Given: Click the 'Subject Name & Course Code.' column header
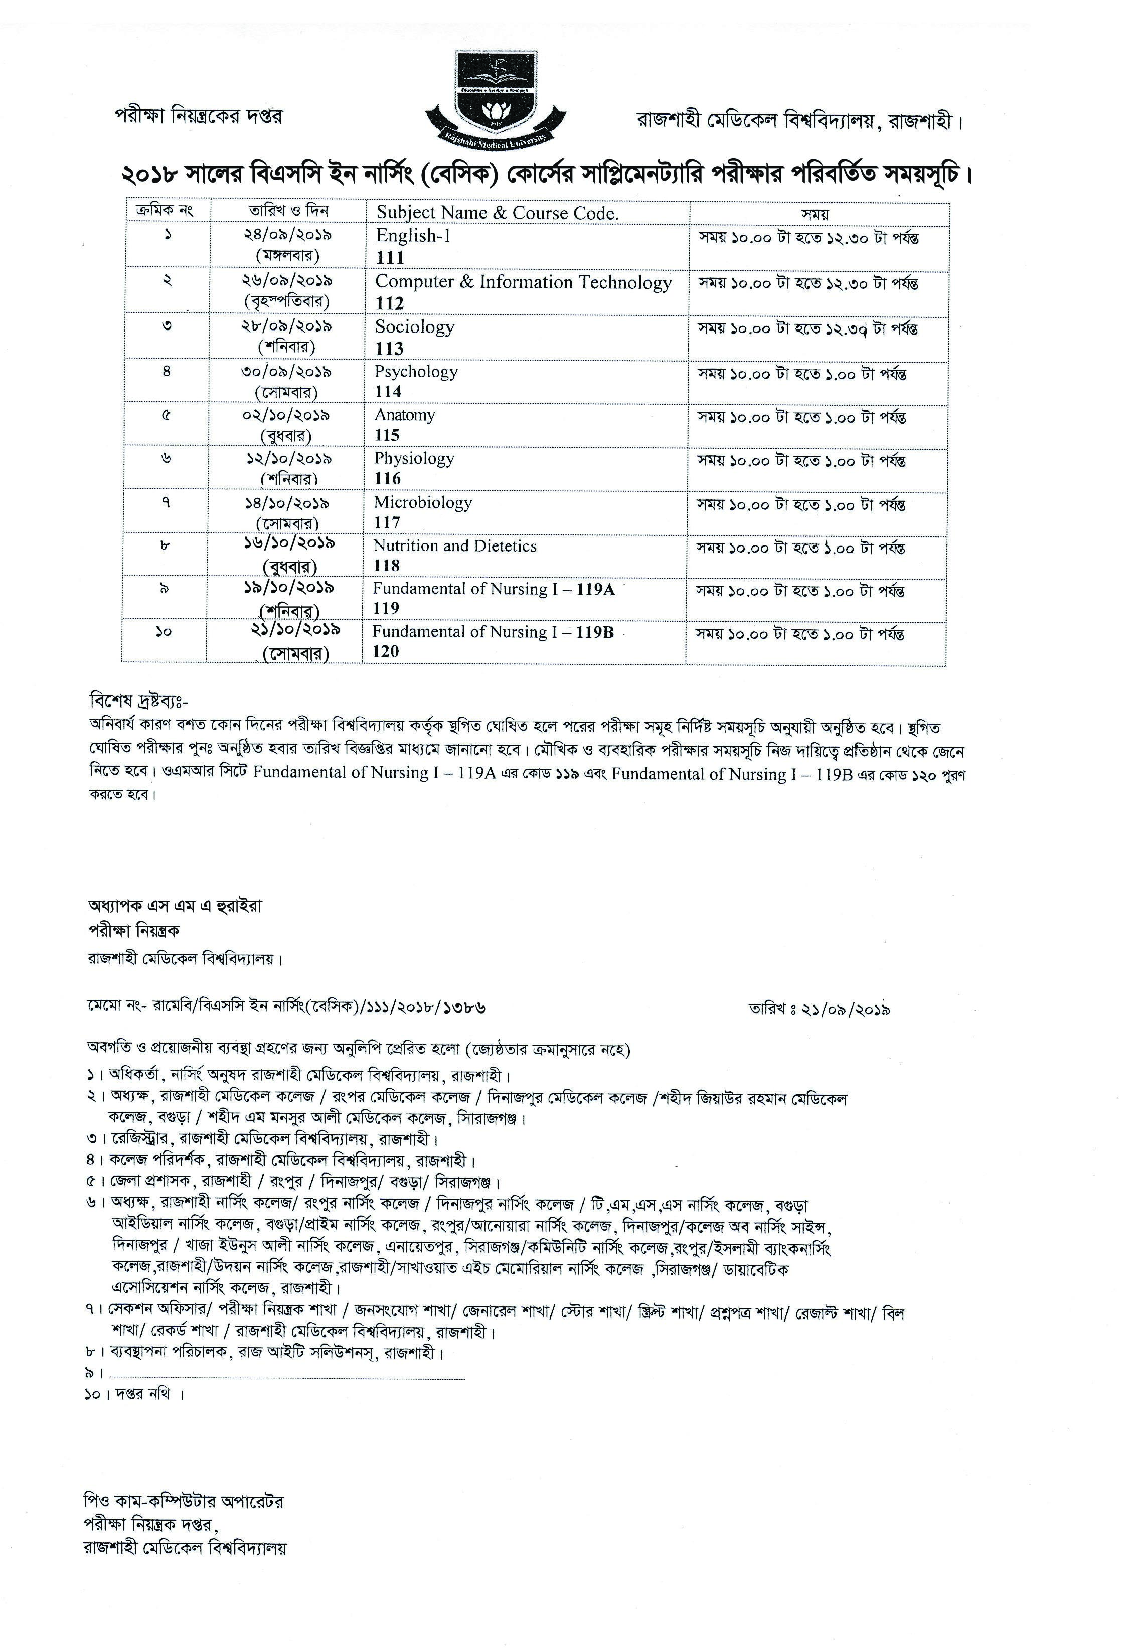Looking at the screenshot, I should (497, 213).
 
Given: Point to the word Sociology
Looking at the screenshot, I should (415, 327).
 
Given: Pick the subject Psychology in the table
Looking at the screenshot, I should (416, 372).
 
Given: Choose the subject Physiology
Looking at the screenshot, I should (414, 459).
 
